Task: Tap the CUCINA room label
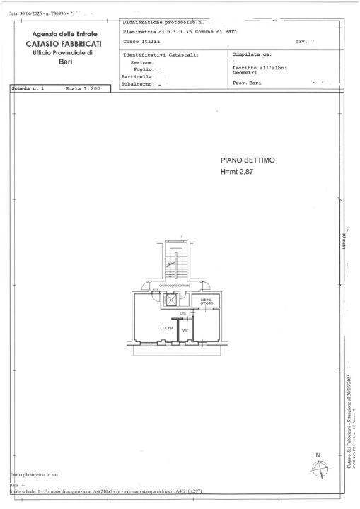(x=166, y=328)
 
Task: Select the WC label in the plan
(x=185, y=330)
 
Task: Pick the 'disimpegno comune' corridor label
(x=173, y=286)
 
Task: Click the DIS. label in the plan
(x=182, y=312)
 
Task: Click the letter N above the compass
(x=318, y=455)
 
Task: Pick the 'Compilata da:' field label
(x=252, y=53)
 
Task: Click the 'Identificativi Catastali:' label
(x=161, y=53)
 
